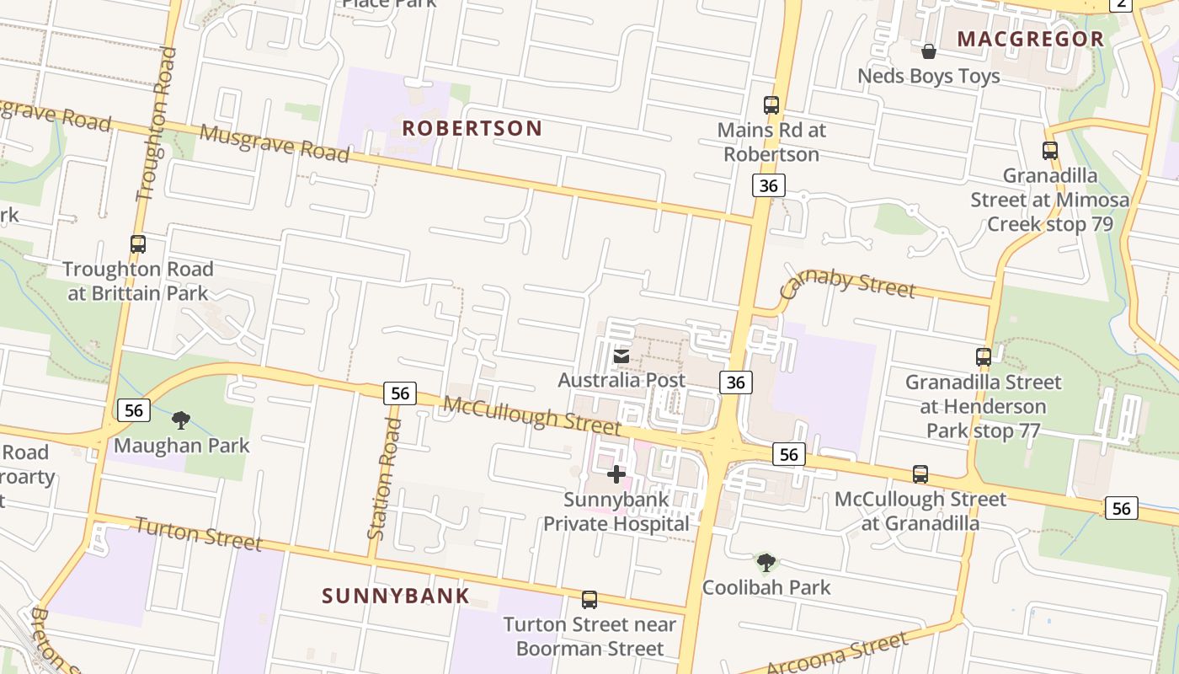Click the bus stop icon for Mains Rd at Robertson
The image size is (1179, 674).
771,105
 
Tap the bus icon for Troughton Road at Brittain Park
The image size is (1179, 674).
138,244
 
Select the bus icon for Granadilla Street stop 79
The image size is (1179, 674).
1049,151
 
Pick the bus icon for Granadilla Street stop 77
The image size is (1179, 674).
983,356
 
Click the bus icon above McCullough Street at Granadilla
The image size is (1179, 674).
920,474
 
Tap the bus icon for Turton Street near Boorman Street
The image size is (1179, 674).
589,600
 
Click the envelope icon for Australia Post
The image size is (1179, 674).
621,356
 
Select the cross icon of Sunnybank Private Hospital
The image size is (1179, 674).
616,474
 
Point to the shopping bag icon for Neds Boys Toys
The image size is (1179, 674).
928,51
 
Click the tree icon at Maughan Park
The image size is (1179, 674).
180,420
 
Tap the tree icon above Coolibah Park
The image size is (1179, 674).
766,562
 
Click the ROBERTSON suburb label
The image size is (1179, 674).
472,128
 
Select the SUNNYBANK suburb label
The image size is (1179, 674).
396,596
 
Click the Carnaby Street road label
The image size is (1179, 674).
847,283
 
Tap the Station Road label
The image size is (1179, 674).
384,479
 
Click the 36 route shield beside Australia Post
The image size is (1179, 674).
735,382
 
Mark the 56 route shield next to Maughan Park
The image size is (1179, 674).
133,410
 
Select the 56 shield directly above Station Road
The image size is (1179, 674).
400,393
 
